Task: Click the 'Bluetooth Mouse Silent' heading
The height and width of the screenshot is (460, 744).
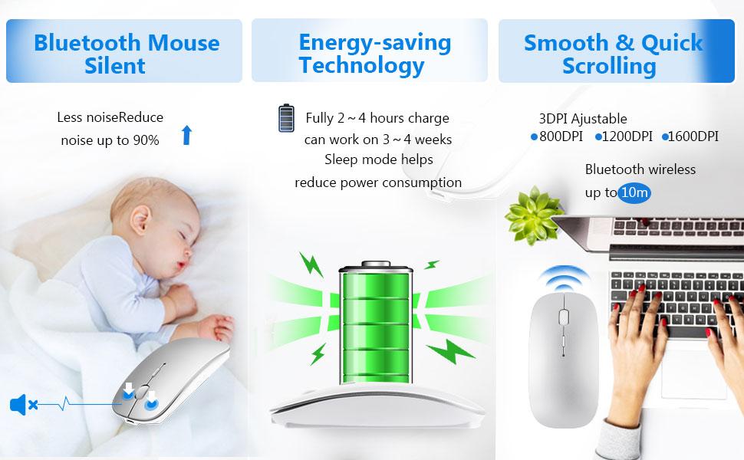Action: tap(127, 54)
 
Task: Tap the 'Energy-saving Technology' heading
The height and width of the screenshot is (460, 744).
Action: tap(375, 54)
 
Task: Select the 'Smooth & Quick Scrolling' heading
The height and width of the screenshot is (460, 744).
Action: tap(613, 54)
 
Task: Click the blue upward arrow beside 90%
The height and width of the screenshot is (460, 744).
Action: tap(187, 135)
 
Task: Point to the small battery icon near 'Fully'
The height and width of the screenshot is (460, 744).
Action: tap(286, 118)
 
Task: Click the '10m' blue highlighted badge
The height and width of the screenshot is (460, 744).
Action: tap(634, 192)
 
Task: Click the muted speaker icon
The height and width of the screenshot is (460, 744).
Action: tap(23, 405)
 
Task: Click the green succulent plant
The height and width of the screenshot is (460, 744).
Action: tap(533, 215)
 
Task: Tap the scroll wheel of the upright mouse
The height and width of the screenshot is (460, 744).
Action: tap(564, 317)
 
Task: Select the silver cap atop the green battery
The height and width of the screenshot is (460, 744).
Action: tap(376, 264)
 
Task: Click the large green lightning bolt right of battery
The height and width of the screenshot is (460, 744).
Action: tap(451, 351)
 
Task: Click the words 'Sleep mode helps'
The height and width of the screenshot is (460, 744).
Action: tap(379, 159)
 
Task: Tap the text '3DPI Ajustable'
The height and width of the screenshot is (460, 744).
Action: tap(583, 119)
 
